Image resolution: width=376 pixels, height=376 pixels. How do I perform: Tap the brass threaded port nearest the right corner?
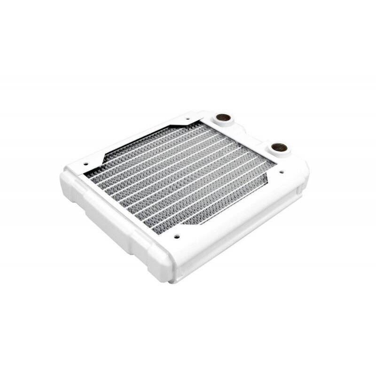coord(279,147)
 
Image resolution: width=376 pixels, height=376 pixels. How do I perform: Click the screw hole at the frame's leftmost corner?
coord(86,164)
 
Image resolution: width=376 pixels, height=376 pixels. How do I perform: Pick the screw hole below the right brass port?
coord(282,172)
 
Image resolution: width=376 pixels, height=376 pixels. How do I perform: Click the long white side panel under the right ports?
coord(244,230)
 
